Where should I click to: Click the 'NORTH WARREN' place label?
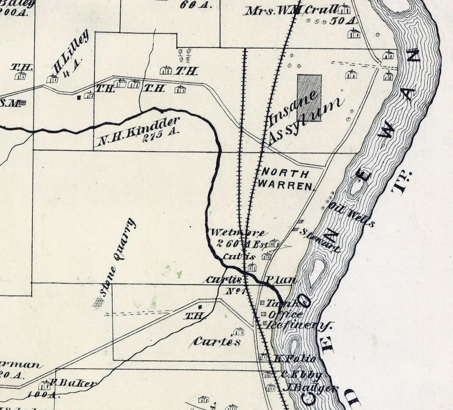[x=285, y=179]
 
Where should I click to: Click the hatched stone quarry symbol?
[x=99, y=302]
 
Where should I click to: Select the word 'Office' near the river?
[x=285, y=314]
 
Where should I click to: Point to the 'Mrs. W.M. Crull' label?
[x=291, y=10]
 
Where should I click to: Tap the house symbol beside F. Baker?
[x=46, y=385]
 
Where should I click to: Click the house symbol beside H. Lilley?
[x=52, y=79]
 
